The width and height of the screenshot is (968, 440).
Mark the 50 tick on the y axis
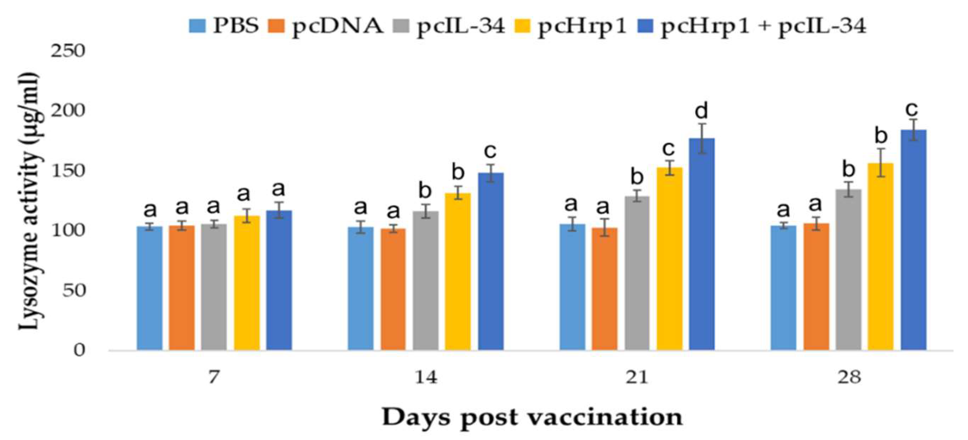click(74, 291)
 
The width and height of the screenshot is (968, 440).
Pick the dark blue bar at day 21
click(702, 244)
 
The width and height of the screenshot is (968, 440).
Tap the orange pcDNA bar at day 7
click(182, 288)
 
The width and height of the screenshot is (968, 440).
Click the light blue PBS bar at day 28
click(783, 288)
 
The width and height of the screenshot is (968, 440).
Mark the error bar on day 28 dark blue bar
click(913, 130)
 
